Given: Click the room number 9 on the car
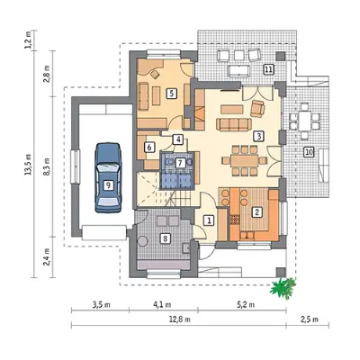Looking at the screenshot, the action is [109, 185].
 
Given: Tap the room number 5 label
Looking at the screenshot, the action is [171, 94].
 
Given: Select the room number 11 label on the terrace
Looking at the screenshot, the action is [268, 69].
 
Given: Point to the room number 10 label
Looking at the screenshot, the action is [308, 152].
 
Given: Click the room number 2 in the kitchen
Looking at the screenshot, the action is [256, 212].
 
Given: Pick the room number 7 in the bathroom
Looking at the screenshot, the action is [180, 163].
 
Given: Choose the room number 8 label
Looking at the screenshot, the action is [165, 238].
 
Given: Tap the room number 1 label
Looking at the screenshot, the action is [209, 220].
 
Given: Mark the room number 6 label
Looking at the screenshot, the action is [149, 147].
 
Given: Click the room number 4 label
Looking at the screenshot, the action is [178, 139].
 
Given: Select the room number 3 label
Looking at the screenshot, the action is [258, 136].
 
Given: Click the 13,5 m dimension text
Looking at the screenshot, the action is [29, 165].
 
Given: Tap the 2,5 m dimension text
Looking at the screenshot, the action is [309, 319].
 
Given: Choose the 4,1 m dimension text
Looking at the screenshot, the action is [162, 305].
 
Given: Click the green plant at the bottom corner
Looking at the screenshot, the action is [283, 289].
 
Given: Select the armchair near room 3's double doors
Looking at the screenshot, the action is [257, 109].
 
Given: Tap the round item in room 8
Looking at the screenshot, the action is [143, 241].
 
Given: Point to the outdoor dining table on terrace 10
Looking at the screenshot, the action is [305, 121].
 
